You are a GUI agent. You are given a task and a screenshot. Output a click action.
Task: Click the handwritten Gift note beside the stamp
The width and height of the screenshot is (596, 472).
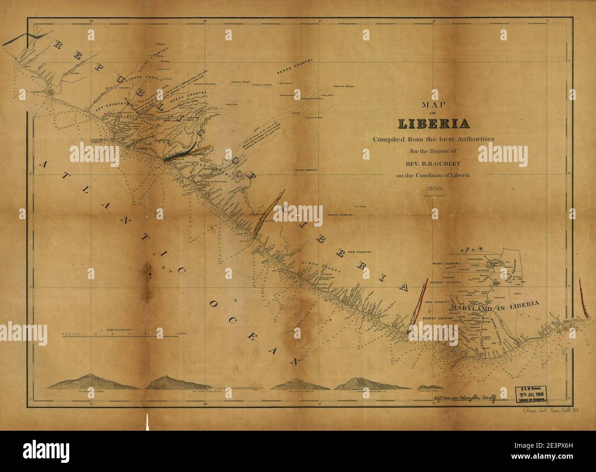click(x=464, y=399)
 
